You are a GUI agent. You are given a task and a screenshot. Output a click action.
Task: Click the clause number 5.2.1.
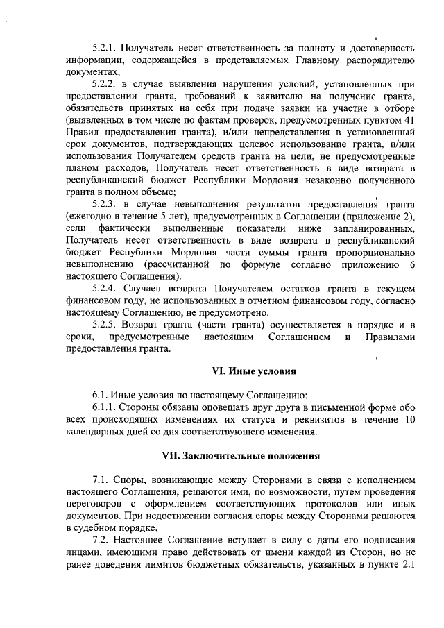point(104,49)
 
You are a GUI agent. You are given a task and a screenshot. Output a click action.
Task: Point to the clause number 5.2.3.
point(104,204)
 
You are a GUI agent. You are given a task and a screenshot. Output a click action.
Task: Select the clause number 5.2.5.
point(104,324)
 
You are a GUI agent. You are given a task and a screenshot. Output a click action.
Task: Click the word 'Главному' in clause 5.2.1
point(318,60)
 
